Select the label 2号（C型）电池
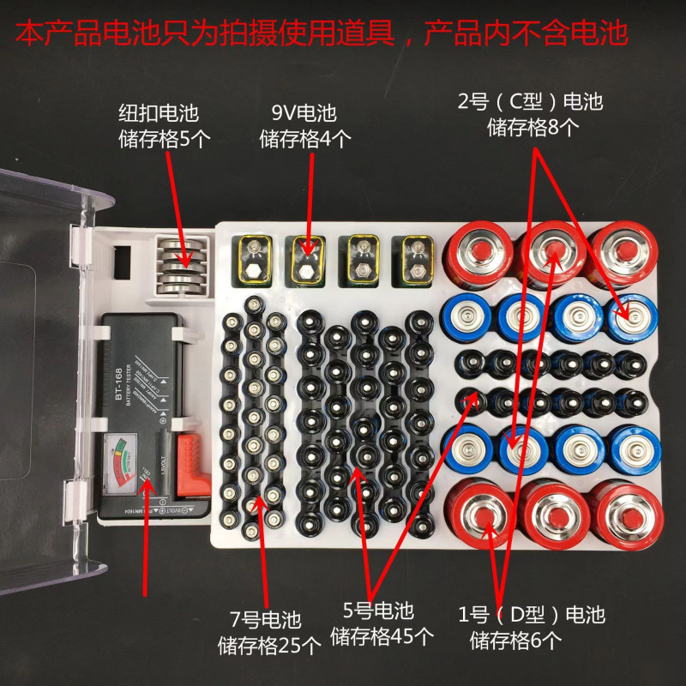pyautogui.click(x=531, y=103)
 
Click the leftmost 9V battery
pyautogui.click(x=255, y=259)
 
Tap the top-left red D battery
pyautogui.click(x=482, y=252)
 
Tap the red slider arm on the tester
pyautogui.click(x=184, y=462)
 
